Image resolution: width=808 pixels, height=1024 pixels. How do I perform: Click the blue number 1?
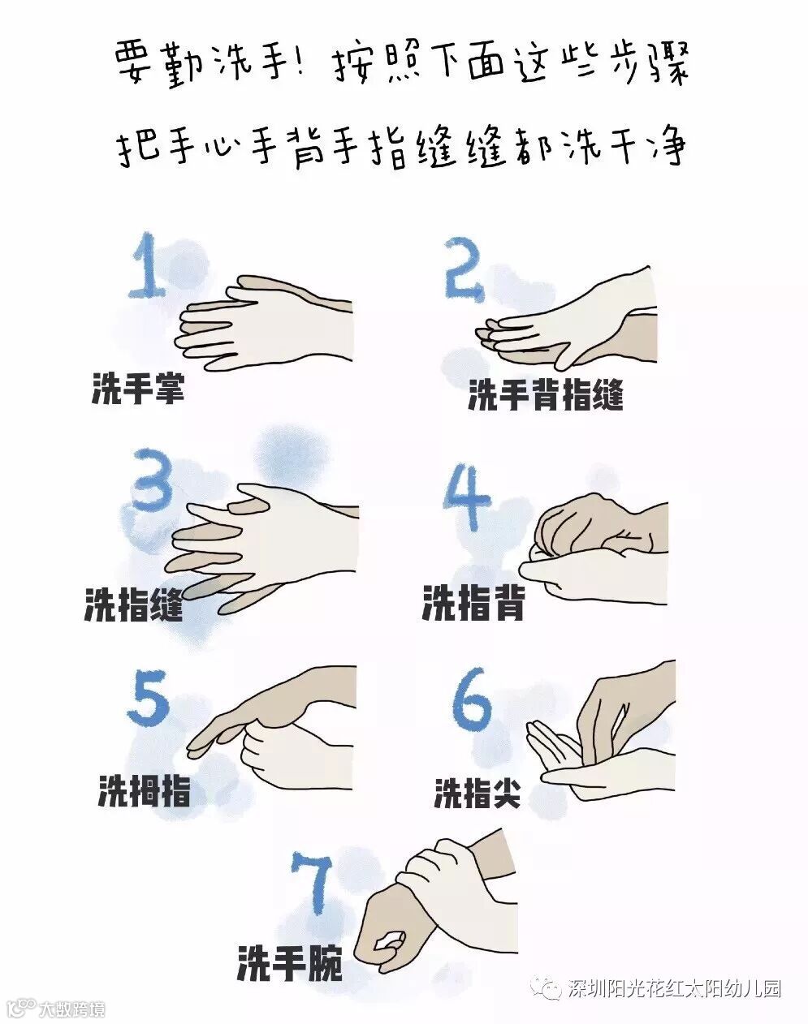pyautogui.click(x=148, y=265)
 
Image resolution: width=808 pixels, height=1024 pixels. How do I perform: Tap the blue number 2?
pyautogui.click(x=464, y=269)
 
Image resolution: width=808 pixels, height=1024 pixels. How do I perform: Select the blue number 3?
pyautogui.click(x=152, y=479)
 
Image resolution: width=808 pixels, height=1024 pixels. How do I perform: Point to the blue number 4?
pyautogui.click(x=466, y=498)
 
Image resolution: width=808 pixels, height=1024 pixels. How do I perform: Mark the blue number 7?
pyautogui.click(x=312, y=884)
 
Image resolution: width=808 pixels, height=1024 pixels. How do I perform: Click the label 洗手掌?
pyautogui.click(x=138, y=388)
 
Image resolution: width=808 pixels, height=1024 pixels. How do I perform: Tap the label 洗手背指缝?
pyautogui.click(x=546, y=394)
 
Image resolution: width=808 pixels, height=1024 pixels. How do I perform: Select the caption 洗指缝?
pyautogui.click(x=134, y=604)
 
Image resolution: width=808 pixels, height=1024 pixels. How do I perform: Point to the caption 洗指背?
pyautogui.click(x=473, y=603)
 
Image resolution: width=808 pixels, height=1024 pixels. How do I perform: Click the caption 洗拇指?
pyautogui.click(x=145, y=790)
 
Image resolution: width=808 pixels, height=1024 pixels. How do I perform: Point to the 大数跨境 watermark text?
pyautogui.click(x=72, y=1008)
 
